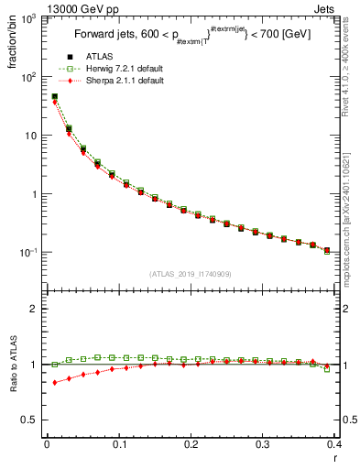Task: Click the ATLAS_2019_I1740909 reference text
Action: [190, 274]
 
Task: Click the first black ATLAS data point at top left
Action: [55, 97]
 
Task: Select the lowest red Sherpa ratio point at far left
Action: [55, 383]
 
